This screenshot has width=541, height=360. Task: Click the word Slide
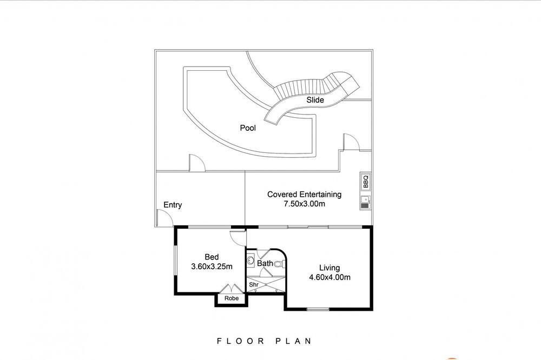(x=315, y=100)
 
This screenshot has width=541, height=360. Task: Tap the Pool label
(x=248, y=128)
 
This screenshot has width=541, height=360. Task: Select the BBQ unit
(x=365, y=182)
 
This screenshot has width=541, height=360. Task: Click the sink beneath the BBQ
(x=365, y=202)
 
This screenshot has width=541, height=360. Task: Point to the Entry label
(x=173, y=205)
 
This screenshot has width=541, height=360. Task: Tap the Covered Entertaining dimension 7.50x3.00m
(x=304, y=204)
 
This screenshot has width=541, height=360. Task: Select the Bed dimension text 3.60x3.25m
(x=212, y=266)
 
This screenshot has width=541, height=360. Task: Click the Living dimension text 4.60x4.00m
(x=329, y=277)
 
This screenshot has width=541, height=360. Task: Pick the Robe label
(x=231, y=298)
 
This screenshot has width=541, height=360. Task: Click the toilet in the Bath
(x=280, y=264)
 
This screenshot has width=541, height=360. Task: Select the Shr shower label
(x=254, y=285)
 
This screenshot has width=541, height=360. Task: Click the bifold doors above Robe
(x=231, y=289)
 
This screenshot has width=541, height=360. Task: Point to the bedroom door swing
(x=238, y=237)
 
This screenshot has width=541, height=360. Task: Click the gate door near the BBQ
(x=351, y=142)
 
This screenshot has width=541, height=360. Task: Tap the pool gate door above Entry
(x=197, y=163)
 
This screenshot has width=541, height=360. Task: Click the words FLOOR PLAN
(x=264, y=342)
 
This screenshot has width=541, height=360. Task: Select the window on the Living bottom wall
(x=318, y=309)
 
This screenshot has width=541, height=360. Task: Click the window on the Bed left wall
(x=175, y=261)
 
